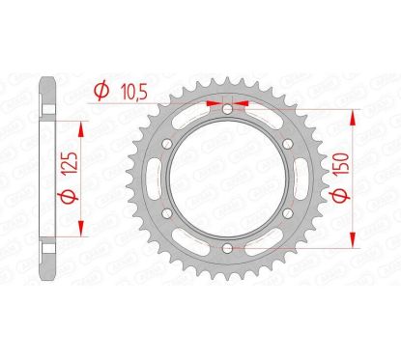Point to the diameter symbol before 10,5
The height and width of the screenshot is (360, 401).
(100, 91)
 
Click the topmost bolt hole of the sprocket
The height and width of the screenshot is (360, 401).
(227, 110)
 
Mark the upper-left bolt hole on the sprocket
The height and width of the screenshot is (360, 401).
(165, 145)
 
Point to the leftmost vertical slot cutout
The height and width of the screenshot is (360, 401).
(156, 180)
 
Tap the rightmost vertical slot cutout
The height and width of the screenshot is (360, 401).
(298, 180)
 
